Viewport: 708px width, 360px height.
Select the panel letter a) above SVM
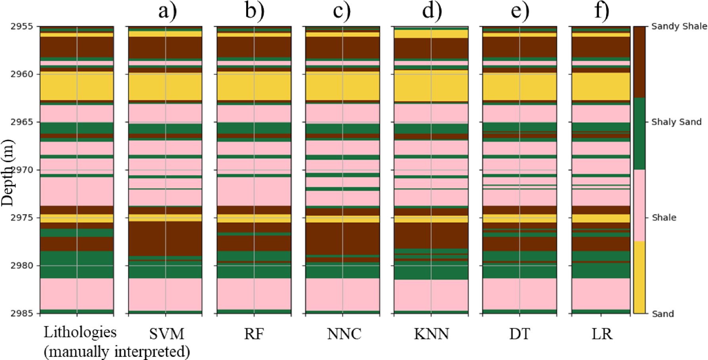click(167, 11)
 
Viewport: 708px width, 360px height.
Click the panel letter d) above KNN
click(432, 11)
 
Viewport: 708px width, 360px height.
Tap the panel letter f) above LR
click(601, 11)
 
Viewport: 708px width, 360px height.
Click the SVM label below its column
click(166, 334)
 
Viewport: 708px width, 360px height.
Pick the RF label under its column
click(254, 334)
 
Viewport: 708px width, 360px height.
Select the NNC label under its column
click(344, 334)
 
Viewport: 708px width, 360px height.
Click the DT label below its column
click(519, 334)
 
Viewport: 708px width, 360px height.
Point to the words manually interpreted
click(117, 351)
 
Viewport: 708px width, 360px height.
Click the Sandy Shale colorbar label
click(679, 27)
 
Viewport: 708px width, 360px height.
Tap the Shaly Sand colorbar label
click(676, 122)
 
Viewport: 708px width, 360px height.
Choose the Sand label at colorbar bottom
click(663, 314)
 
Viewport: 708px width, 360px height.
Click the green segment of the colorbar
click(639, 134)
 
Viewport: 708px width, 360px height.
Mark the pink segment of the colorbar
click(639, 205)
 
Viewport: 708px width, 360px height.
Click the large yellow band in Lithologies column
click(77, 86)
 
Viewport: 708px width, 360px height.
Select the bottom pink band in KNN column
click(431, 295)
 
